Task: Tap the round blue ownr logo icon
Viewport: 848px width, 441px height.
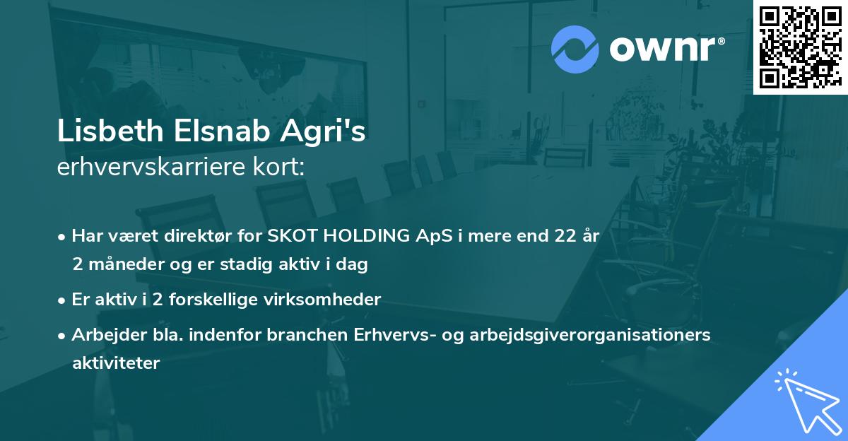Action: pyautogui.click(x=575, y=49)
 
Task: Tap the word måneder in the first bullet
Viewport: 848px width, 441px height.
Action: pyautogui.click(x=119, y=265)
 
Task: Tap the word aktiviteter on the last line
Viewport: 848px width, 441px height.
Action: pyautogui.click(x=116, y=363)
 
